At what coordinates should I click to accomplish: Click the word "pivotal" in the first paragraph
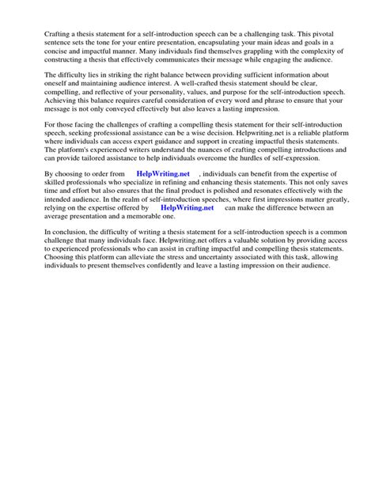click(327, 35)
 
